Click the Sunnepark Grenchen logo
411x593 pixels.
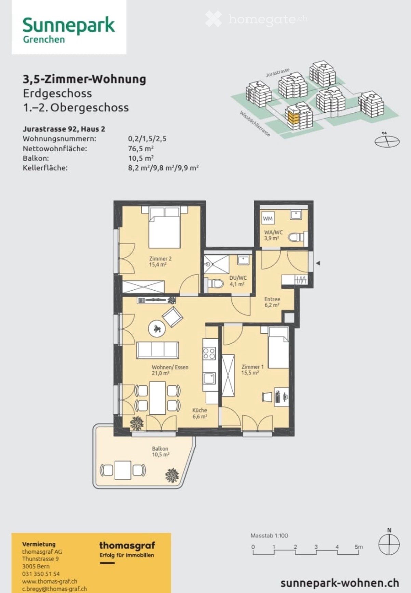[x=69, y=30]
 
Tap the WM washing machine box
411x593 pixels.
[x=268, y=218]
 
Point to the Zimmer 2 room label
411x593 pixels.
[x=160, y=259]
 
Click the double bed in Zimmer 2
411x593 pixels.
[x=164, y=228]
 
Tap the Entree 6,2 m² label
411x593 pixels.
[x=272, y=302]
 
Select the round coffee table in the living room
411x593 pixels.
[x=157, y=329]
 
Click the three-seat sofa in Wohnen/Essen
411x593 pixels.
[x=157, y=350]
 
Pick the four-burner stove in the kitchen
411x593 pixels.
[x=209, y=353]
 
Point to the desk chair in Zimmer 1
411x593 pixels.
[x=267, y=397]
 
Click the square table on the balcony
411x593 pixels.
[x=123, y=470]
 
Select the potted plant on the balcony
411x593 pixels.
[x=172, y=475]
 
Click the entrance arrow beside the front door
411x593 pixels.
[x=318, y=263]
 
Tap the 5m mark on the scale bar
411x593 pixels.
[x=358, y=547]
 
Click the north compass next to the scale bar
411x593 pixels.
[x=389, y=544]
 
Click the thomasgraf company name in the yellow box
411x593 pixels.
[x=127, y=546]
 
